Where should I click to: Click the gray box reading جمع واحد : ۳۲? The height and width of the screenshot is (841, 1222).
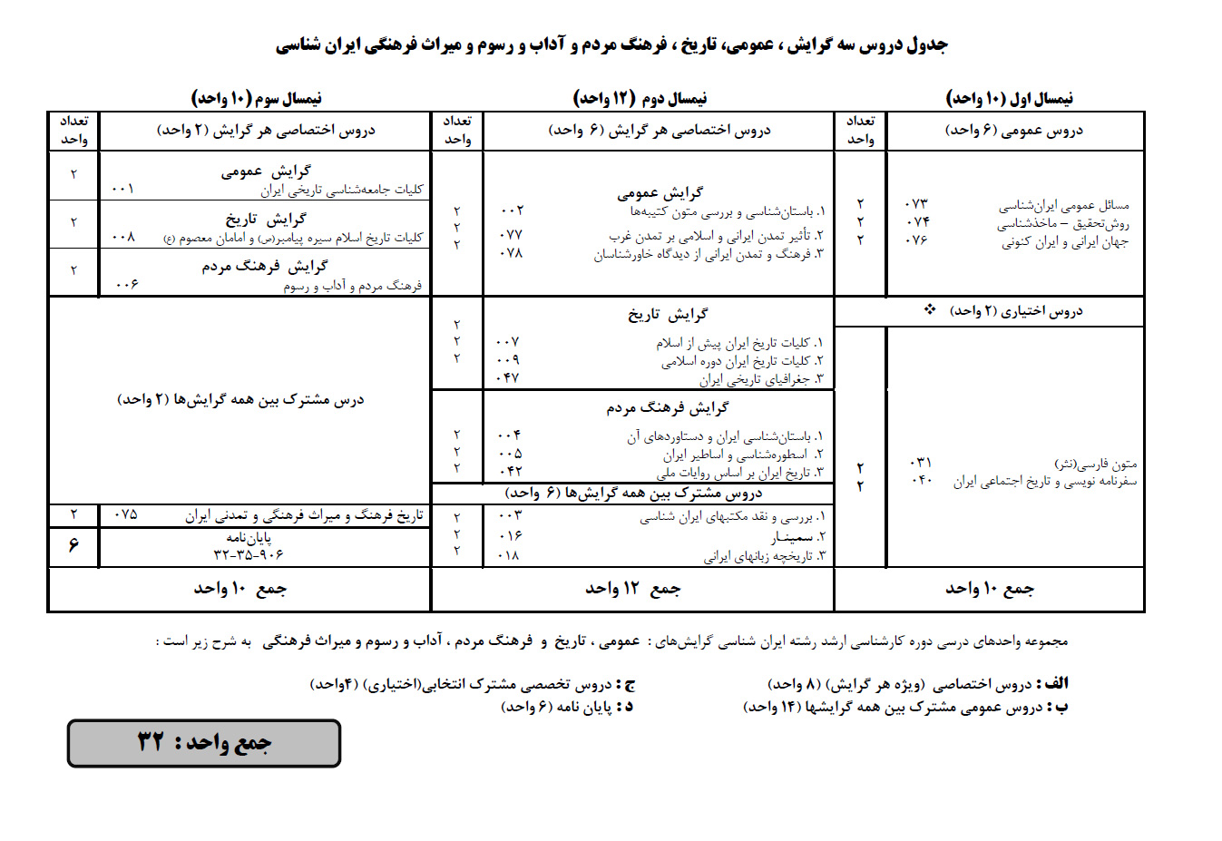coord(204,743)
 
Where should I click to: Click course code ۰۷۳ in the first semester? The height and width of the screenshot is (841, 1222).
coord(917,204)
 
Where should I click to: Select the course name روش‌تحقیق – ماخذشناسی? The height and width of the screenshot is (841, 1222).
coord(1063,223)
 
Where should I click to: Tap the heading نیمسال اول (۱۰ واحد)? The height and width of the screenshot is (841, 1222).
coord(1009,98)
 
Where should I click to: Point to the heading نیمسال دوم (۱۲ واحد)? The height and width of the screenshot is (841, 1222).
coord(640,98)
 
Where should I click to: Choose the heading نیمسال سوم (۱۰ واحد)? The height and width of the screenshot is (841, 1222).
coord(256,98)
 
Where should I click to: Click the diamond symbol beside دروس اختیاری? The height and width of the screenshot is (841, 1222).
coord(930,310)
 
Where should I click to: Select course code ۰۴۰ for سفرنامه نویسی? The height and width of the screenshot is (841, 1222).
coord(920,480)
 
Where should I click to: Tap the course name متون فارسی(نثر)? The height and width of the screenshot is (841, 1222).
coord(1095,464)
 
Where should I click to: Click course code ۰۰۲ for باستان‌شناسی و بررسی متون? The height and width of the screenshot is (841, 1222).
coord(512,210)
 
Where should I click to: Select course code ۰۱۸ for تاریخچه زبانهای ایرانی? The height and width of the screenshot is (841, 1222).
coord(509,554)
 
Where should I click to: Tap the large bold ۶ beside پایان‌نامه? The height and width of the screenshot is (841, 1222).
coord(73,545)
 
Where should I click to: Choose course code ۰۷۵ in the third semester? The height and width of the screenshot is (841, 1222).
coord(125,514)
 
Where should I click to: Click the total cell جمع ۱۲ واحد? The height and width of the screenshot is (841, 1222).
coord(632,589)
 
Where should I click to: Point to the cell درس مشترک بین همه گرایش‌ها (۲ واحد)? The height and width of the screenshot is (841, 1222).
coord(240,399)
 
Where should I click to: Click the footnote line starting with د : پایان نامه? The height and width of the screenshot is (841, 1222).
coord(567,707)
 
